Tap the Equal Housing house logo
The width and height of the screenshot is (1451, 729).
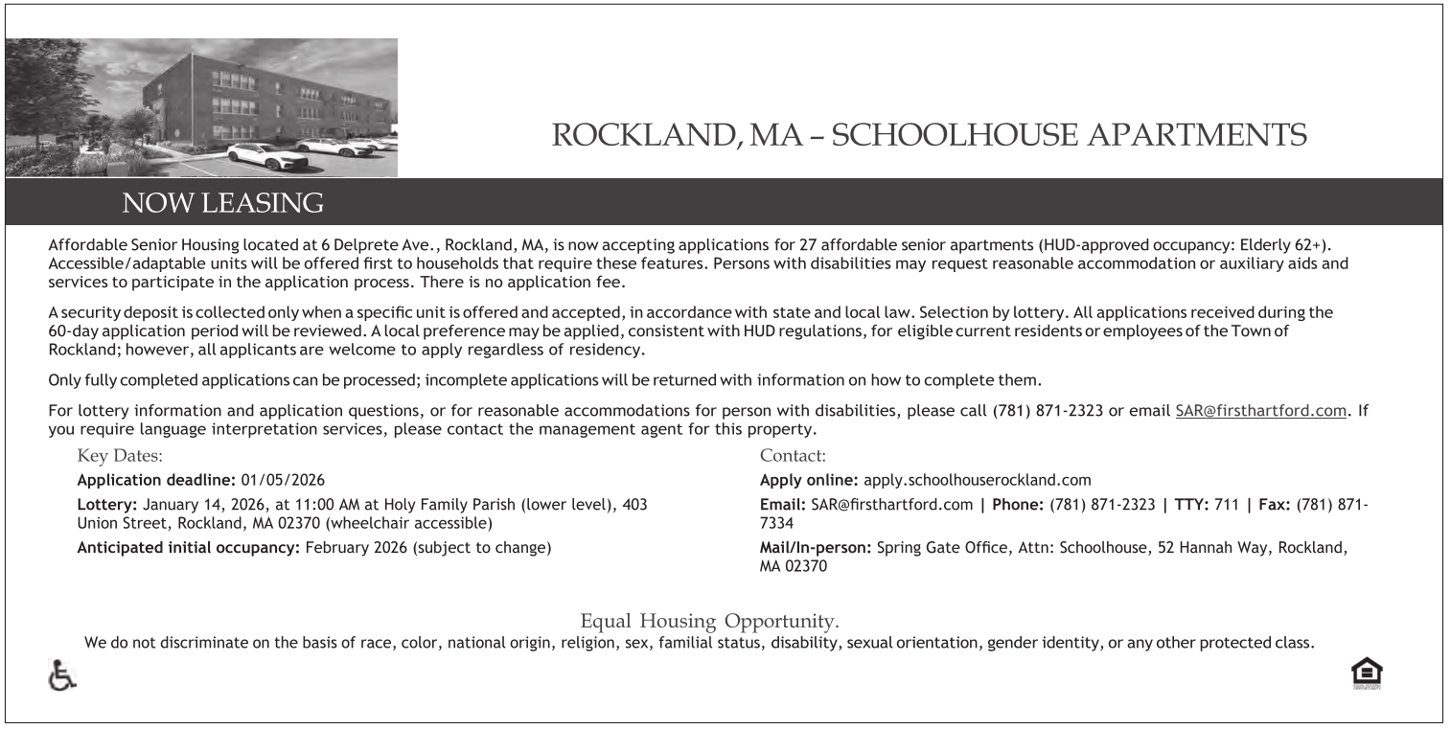(x=1367, y=673)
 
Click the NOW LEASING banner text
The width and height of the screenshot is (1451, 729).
(x=223, y=203)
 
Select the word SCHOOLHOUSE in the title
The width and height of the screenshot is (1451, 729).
(x=962, y=135)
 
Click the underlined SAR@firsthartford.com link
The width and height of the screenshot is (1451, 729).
(x=1260, y=411)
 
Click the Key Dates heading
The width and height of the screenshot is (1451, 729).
(x=120, y=456)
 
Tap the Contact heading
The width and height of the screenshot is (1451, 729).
(x=793, y=456)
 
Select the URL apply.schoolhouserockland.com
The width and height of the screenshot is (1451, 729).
(x=977, y=480)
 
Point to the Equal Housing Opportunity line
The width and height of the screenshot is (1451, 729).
(x=709, y=620)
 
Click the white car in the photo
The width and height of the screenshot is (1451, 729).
(x=266, y=155)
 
